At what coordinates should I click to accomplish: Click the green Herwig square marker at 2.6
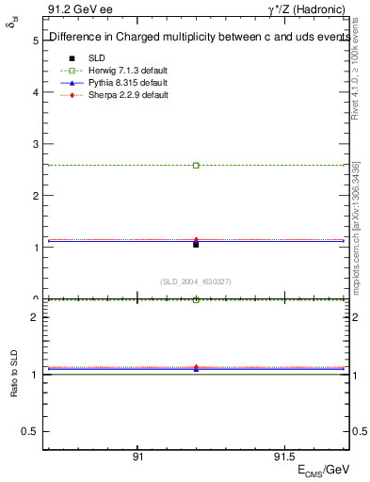pyautogui.click(x=196, y=165)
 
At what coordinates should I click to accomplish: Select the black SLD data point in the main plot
pyautogui.click(x=196, y=244)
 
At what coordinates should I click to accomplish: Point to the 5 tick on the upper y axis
pyautogui.click(x=34, y=41)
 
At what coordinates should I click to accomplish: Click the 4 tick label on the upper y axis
pyautogui.click(x=34, y=93)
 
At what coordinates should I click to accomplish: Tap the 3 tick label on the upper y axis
pyautogui.click(x=34, y=145)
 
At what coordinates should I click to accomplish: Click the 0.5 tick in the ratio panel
pyautogui.click(x=30, y=431)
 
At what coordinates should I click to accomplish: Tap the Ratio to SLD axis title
pyautogui.click(x=14, y=388)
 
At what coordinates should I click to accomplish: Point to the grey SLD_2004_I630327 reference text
pyautogui.click(x=196, y=281)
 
